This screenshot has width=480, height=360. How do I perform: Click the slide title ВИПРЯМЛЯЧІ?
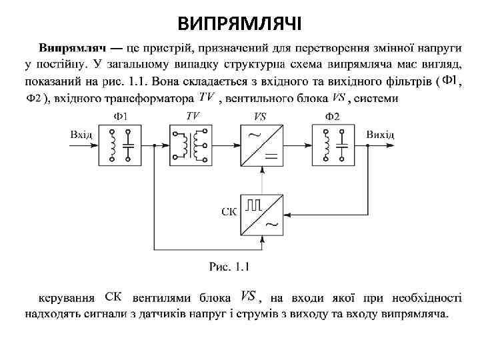[x=240, y=25]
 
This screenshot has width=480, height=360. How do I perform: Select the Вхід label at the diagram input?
[x=82, y=135]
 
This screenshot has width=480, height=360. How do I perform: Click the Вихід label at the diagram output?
[x=380, y=135]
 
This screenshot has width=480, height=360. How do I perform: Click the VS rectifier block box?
[x=261, y=145]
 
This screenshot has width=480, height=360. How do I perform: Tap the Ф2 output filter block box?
[x=333, y=145]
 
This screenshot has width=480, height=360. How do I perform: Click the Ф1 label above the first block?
[x=121, y=116]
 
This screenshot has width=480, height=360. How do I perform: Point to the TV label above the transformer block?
[x=192, y=116]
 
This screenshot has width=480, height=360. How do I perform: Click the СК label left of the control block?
[x=229, y=212]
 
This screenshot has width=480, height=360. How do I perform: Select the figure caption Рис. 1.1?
[x=229, y=267]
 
